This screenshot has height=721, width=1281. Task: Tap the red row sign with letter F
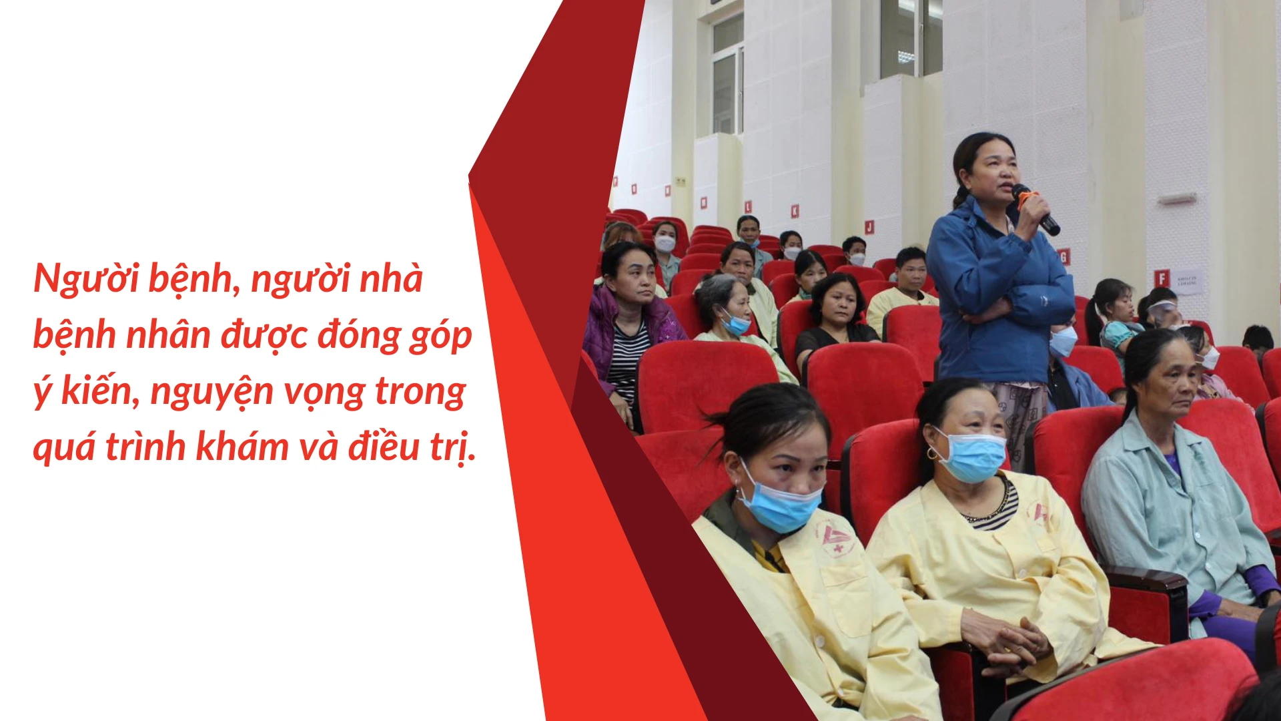(x=1162, y=278)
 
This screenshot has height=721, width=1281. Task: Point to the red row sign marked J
(x=869, y=226)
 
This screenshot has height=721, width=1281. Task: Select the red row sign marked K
(x=795, y=211)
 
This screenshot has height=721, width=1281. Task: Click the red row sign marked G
(x=1063, y=256)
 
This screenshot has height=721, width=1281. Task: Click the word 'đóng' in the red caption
(x=358, y=335)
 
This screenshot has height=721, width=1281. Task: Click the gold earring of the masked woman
(x=931, y=454)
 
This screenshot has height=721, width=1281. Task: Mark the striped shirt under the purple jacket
(x=628, y=360)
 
